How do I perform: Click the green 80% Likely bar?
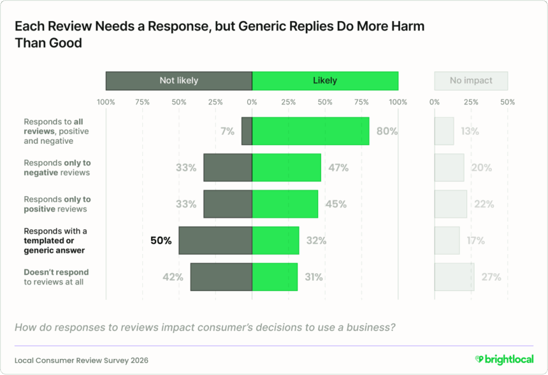tap(310, 131)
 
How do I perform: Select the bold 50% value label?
tap(161, 241)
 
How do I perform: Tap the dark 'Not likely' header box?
tap(178, 81)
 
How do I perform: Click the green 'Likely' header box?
tap(325, 81)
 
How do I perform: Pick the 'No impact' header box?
tap(472, 81)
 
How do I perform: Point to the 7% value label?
tap(227, 131)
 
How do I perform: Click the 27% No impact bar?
tap(454, 277)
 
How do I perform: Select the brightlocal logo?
tap(504, 360)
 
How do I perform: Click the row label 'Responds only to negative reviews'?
tap(57, 168)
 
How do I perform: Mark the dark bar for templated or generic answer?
tap(215, 241)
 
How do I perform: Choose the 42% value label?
tap(173, 277)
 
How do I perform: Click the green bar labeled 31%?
tap(275, 277)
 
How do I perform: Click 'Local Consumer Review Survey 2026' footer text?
tap(82, 360)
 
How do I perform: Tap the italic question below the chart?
tap(204, 328)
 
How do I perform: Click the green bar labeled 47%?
tap(286, 168)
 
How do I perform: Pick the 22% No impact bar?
tap(451, 204)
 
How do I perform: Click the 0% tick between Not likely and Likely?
tap(252, 102)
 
